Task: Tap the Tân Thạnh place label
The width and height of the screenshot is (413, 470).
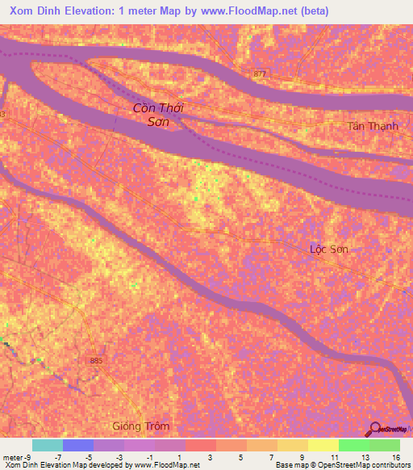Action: pos(373,126)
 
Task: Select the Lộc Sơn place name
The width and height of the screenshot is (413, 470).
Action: pos(329,250)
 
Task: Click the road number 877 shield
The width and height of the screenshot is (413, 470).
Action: pos(259,73)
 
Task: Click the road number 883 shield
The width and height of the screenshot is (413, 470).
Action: pos(98,361)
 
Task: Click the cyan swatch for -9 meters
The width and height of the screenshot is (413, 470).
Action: pos(48,445)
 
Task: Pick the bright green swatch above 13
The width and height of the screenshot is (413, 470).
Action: pos(353,445)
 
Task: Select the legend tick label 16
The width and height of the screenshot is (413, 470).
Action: pos(395,457)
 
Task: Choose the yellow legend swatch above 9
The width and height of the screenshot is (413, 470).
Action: pos(292,445)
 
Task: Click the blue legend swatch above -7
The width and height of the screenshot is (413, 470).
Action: pos(78,445)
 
